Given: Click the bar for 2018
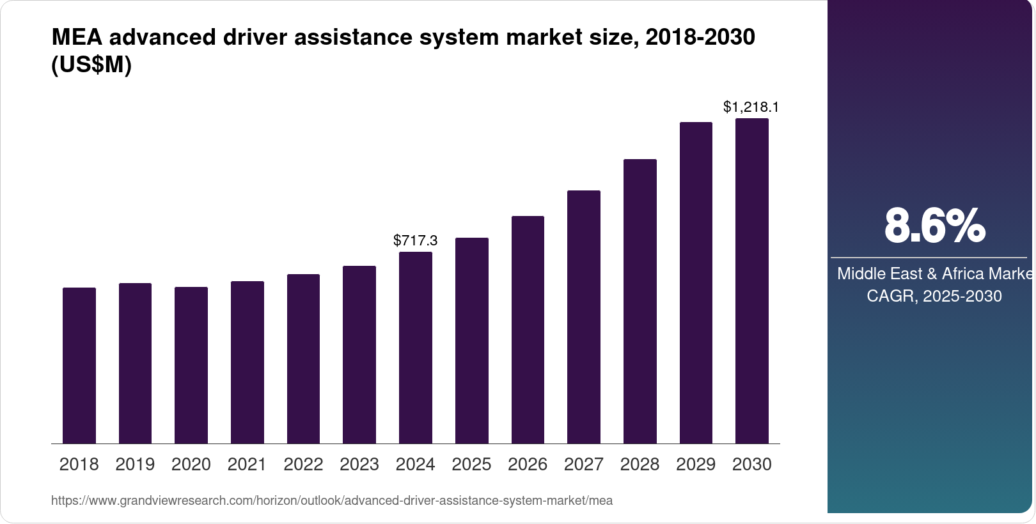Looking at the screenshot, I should point(79,366).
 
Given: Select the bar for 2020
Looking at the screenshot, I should point(191,366).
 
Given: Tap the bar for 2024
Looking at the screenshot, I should point(416,348).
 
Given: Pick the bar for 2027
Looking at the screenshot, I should point(584,317).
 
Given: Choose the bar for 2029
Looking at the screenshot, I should point(696,283).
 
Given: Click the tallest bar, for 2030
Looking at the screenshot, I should point(752,281).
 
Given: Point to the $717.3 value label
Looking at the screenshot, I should point(416,240).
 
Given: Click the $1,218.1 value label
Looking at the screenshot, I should point(751,107).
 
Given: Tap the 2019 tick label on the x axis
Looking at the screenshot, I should point(135,465).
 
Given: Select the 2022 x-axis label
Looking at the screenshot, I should point(303,465).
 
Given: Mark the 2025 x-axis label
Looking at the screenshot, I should point(471,465).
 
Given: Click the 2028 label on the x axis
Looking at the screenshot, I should point(640,465).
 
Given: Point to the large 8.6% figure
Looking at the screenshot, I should point(934,226).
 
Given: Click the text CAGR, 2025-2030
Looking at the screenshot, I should point(934,296).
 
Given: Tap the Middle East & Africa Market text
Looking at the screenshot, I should point(935,274).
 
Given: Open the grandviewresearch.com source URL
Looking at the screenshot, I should point(331,501).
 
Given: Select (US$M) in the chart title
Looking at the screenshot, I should point(91,65).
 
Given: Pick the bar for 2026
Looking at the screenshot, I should point(528,330).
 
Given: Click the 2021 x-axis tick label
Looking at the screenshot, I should point(247,465).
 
